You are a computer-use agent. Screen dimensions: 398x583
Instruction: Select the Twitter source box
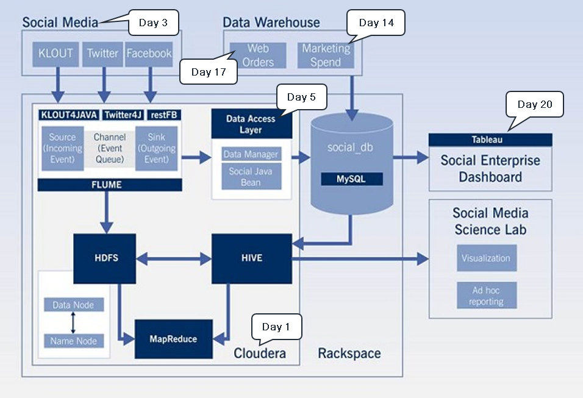102,54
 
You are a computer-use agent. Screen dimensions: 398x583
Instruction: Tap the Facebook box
149,54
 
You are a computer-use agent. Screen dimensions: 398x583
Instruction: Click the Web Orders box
258,55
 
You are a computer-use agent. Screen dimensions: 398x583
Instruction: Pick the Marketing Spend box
326,55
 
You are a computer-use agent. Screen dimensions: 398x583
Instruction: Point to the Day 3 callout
153,23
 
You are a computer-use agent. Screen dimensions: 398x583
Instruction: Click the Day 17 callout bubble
209,72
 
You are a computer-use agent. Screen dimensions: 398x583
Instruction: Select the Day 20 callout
535,104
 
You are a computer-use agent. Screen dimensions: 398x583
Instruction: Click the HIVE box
251,258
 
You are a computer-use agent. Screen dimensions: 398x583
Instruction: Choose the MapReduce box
173,338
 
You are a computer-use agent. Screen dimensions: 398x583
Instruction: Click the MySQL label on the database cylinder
352,179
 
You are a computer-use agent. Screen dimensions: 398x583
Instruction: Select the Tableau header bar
490,140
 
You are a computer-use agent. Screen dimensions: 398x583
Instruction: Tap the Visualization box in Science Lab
486,258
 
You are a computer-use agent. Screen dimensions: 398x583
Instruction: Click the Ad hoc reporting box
486,296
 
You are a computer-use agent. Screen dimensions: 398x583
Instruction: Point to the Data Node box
74,305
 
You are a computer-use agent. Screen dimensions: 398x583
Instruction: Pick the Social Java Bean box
251,177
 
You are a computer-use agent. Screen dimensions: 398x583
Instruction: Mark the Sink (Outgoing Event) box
156,148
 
